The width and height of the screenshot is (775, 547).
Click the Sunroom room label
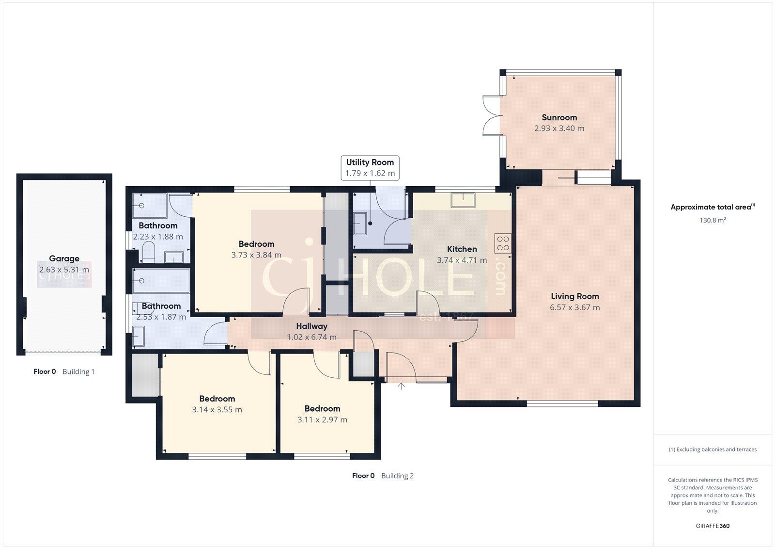(x=559, y=117)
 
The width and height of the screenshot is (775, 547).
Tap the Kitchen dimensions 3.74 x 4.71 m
(x=462, y=260)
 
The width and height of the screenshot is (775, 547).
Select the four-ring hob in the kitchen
(x=503, y=243)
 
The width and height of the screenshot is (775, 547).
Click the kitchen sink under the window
(x=463, y=200)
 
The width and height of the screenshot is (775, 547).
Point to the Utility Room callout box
(x=370, y=167)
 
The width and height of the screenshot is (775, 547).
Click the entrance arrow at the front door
(x=401, y=386)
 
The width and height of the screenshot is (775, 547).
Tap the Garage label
(x=64, y=258)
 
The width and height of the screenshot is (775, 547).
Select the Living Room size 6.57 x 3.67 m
(x=574, y=307)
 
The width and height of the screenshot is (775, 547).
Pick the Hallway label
(x=311, y=326)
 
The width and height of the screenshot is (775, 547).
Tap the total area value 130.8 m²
(x=713, y=220)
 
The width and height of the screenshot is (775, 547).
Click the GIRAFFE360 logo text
(x=713, y=526)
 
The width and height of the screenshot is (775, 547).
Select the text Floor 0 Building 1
(x=64, y=372)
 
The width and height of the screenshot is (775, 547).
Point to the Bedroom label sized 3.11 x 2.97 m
(x=322, y=409)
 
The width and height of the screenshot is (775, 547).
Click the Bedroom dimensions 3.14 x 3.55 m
(x=217, y=410)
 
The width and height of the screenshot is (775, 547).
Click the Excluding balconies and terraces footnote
(x=713, y=450)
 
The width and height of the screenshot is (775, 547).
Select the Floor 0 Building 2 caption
(x=383, y=476)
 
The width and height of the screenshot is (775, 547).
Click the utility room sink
(x=359, y=224)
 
